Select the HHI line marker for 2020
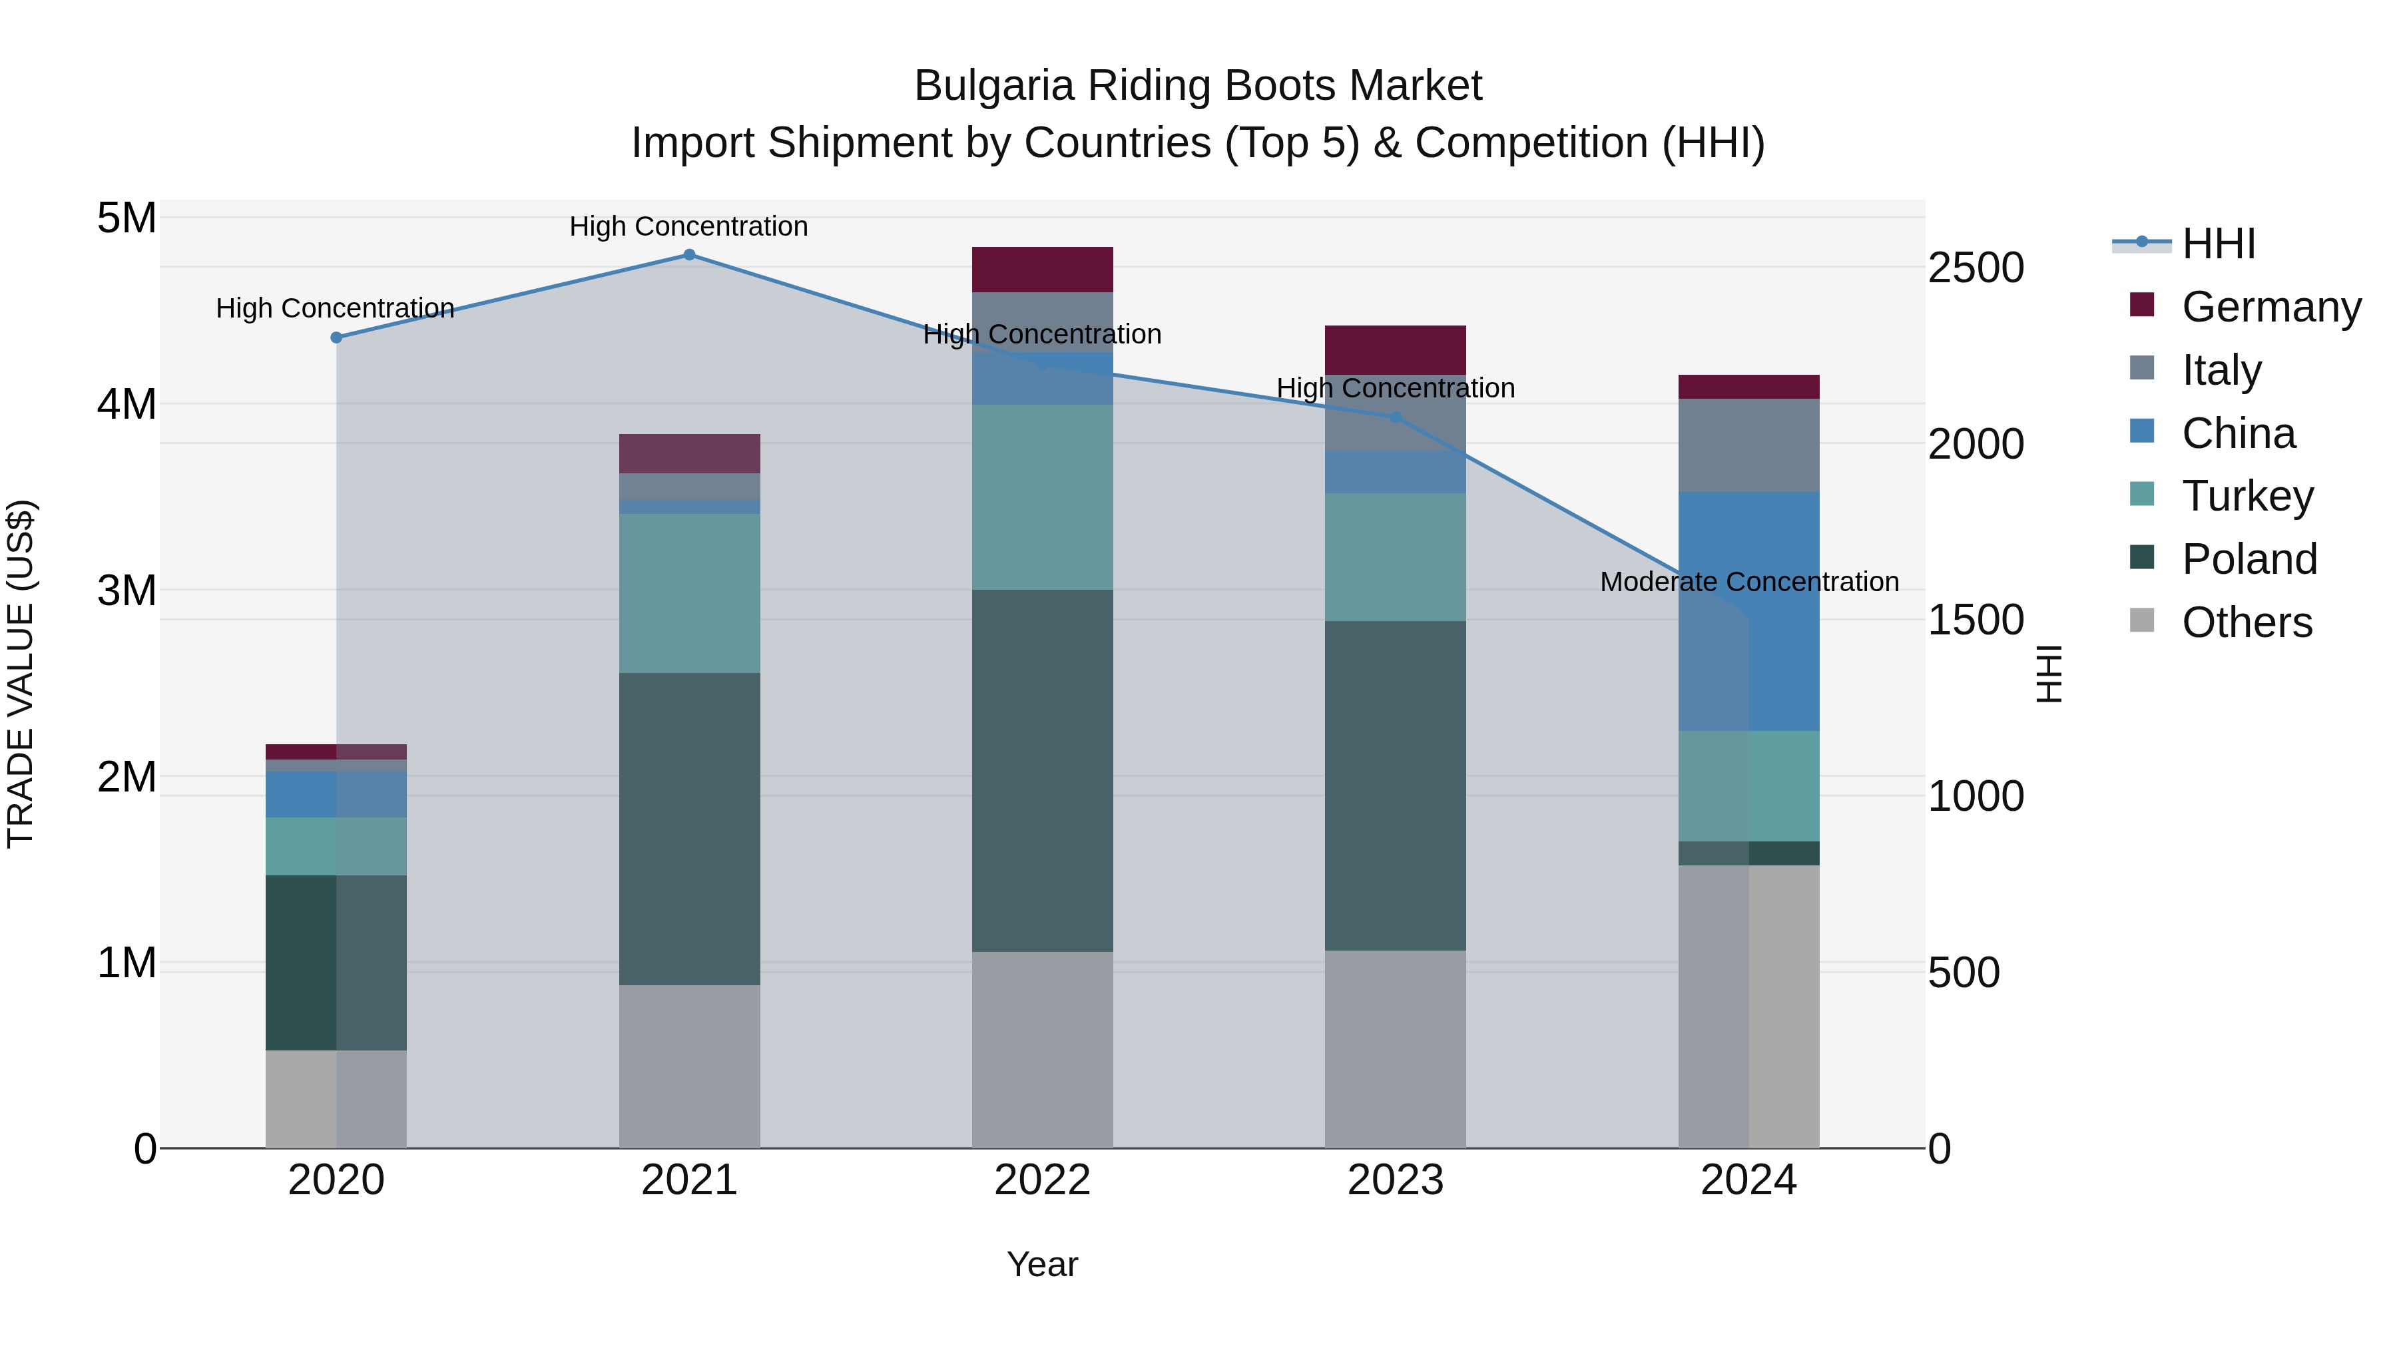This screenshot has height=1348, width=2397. point(337,337)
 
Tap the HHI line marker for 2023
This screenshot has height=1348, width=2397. point(1395,417)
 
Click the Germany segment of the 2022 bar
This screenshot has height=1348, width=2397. point(1042,270)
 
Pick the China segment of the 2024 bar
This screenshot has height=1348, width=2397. point(1748,611)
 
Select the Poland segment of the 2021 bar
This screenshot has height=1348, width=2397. point(690,828)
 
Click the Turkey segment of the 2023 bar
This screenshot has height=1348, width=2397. point(1395,557)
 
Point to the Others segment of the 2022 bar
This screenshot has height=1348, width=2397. point(1042,1049)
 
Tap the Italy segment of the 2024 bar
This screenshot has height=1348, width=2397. point(1748,445)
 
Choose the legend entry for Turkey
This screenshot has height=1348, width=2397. point(2247,496)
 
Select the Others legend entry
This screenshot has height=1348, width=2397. point(2247,622)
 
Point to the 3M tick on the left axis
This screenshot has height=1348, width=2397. point(127,590)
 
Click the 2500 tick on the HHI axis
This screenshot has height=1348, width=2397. point(1975,268)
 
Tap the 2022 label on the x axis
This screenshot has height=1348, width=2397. point(1042,1180)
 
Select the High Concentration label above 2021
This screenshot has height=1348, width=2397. point(688,226)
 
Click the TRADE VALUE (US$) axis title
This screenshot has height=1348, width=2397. point(21,674)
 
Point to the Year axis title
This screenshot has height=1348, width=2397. point(1042,1264)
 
